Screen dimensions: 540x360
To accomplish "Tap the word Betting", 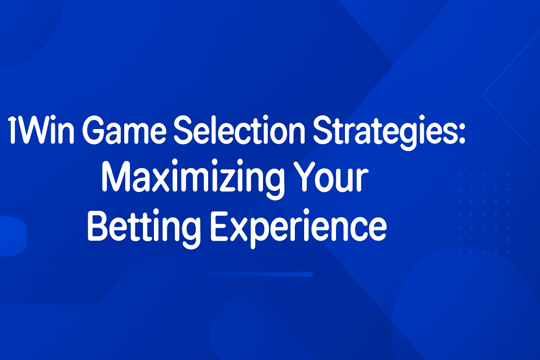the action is coord(144,228).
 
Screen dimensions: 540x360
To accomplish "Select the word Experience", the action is coord(299,228).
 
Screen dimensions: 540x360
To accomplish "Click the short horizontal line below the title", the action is coord(260,274).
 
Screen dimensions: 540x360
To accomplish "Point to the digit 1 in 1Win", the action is coord(12,130).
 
